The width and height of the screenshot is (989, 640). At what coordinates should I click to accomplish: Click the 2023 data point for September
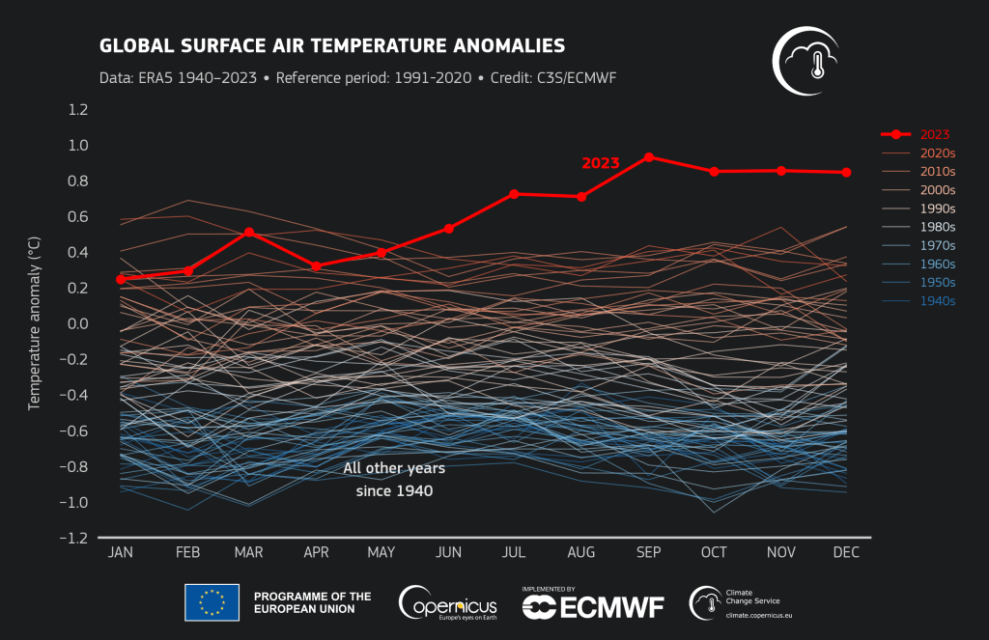(x=649, y=156)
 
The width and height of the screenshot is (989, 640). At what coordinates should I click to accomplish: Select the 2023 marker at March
(x=249, y=232)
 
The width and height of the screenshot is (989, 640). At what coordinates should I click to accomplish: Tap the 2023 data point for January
(x=121, y=279)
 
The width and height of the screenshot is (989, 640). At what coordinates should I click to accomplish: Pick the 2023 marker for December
(x=847, y=173)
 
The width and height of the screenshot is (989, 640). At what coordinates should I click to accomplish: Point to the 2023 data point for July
(x=515, y=194)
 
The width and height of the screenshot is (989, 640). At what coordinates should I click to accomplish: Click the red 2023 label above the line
(x=600, y=163)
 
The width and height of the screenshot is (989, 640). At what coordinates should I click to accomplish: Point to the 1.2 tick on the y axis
(x=77, y=110)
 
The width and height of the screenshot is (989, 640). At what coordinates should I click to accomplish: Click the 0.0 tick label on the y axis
(x=77, y=324)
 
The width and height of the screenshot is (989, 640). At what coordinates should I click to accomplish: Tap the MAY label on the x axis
(x=381, y=553)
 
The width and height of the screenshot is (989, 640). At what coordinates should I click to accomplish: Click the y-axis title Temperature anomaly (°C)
(x=34, y=325)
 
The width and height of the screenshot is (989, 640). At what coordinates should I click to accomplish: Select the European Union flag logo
(x=212, y=603)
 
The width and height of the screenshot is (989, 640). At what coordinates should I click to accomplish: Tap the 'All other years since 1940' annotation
(x=394, y=480)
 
